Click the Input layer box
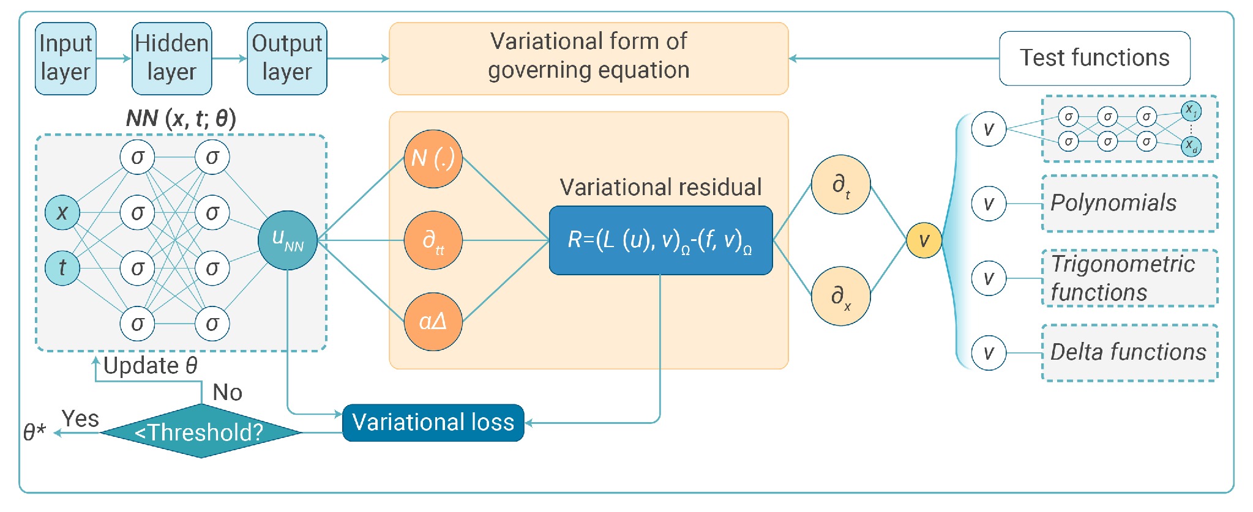coord(65,59)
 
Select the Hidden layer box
coord(172,59)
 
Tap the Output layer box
coord(287,59)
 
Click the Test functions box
coord(1094,58)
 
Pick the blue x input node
coord(62,213)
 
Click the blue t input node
coord(62,268)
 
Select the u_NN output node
coord(288,240)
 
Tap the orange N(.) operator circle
coord(433,158)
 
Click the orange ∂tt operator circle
coord(433,240)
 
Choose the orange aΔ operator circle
coord(433,322)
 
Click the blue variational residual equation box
coord(660,240)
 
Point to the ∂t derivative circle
coord(841,184)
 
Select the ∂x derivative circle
coord(841,296)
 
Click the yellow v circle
coord(924,240)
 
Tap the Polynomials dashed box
coord(1129,203)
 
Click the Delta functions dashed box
coord(1129,353)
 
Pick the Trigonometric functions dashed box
coord(1129,278)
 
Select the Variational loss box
coord(433,423)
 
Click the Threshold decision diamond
coord(201,431)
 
